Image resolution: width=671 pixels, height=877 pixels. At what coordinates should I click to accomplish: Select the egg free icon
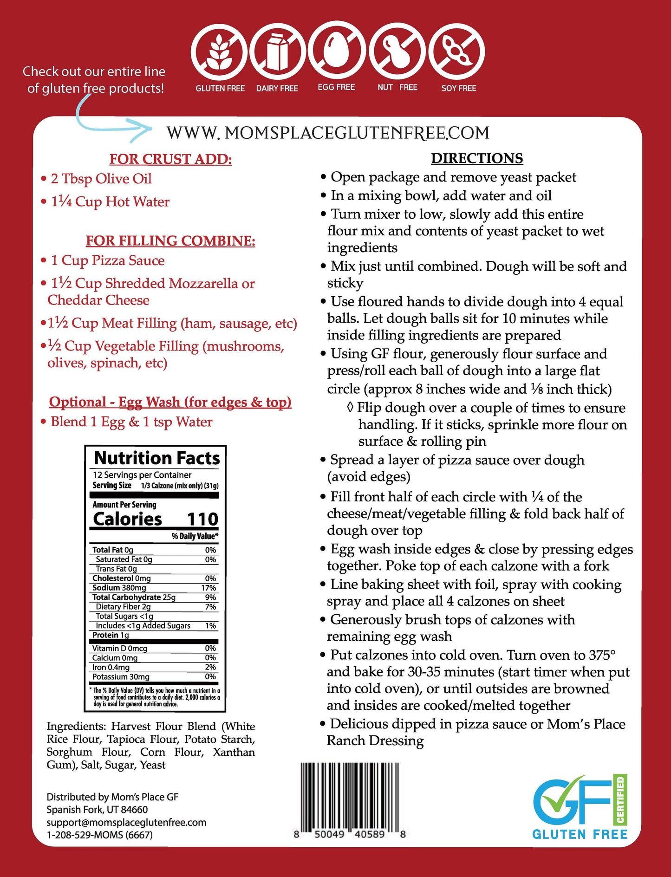click(x=336, y=50)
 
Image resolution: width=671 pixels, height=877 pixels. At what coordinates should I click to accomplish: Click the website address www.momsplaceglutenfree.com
click(x=328, y=133)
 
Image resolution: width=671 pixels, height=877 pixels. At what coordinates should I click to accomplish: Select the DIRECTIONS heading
click(x=477, y=158)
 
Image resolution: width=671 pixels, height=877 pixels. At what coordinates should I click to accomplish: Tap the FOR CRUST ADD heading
click(x=170, y=159)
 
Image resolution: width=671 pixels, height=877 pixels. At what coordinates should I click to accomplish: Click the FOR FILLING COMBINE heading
click(x=170, y=240)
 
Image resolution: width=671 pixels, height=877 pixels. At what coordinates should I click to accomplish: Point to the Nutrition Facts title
click(x=157, y=458)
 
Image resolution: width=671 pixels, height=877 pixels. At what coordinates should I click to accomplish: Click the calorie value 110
click(x=202, y=519)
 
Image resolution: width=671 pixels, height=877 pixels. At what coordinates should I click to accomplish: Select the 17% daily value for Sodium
click(x=208, y=588)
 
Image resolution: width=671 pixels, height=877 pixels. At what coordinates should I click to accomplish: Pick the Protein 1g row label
click(x=111, y=635)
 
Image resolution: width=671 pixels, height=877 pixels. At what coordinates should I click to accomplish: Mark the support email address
click(x=126, y=822)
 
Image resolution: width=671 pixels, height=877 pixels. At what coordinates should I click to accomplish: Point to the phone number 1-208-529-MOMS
click(x=99, y=835)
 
